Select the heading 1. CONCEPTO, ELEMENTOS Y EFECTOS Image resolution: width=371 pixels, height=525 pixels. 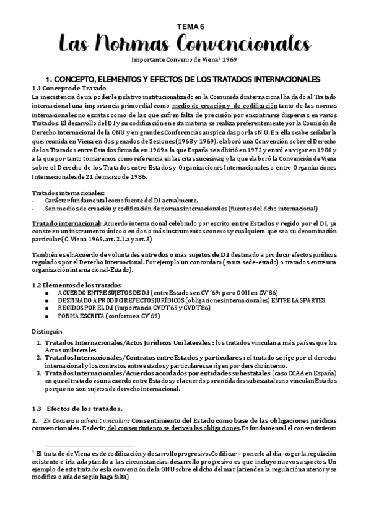tap(186, 80)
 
